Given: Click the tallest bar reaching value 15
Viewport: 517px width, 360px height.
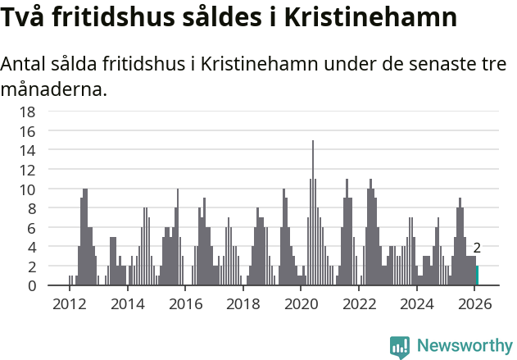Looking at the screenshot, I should pos(312,213).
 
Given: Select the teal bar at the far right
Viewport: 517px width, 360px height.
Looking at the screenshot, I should pos(477,276).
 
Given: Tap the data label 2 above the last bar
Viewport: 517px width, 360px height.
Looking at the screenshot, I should pos(477,248).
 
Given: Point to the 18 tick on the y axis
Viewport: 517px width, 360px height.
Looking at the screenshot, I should pos(51,112).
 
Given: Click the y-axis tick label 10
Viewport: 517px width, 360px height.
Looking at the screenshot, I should pos(51,189).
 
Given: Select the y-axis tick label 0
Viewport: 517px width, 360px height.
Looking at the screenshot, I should pos(54,285).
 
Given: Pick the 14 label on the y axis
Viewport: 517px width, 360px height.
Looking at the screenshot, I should pos(51,150).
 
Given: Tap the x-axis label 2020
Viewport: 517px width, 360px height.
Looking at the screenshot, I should pos(301,304).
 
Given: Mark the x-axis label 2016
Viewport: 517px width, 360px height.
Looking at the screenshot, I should pos(185,304).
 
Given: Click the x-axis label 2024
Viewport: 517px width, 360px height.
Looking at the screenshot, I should pos(417,304).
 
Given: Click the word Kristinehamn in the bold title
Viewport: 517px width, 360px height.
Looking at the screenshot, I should pos(370,18).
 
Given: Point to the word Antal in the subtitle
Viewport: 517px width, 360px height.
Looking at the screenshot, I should pos(25,65).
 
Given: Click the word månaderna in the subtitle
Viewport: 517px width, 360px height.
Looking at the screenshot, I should pos(54,89).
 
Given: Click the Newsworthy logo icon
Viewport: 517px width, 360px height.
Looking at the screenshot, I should pos(400,347).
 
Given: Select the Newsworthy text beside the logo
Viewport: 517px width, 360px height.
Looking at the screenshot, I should pos(465,347).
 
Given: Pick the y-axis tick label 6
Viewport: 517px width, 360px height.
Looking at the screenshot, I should pos(54,227).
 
